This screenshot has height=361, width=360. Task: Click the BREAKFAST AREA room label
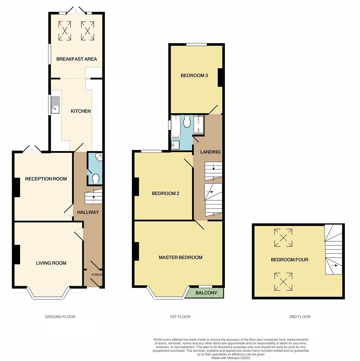pos(77,59)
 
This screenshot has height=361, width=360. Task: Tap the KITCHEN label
pos(81,111)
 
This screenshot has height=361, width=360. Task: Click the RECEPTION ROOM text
pos(46,179)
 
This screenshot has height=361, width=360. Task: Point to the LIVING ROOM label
pos(51,263)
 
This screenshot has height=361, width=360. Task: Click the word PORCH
pos(97,275)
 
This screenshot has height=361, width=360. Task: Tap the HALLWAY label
pos(88,212)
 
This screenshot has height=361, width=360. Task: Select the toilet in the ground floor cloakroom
pos(95,179)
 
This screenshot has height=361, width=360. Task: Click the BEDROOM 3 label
pos(194,76)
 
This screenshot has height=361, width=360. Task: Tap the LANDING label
pos(210,152)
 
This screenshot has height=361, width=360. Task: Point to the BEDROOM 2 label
pos(165,194)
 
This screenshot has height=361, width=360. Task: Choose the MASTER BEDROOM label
pos(180,257)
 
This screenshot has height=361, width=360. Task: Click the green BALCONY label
pos(206,293)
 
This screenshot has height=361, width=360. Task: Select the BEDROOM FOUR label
pos(289,260)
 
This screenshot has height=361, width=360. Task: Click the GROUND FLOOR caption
pos(60,317)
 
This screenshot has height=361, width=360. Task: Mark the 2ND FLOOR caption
pos(300,317)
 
